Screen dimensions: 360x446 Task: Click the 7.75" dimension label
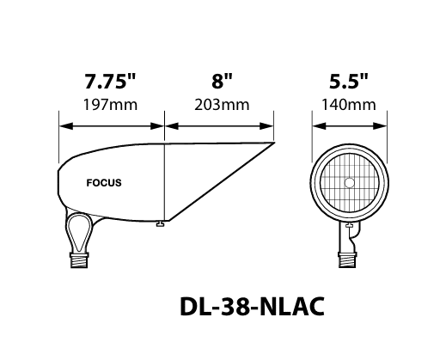click(x=111, y=83)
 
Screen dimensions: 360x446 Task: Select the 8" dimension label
click(x=222, y=83)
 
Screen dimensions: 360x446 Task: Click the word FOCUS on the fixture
click(x=104, y=183)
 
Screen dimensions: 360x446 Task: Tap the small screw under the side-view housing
click(x=159, y=226)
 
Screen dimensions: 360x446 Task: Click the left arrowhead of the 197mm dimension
click(x=63, y=125)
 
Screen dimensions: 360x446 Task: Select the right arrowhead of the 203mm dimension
click(x=272, y=125)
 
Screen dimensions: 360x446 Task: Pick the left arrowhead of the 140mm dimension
click(x=315, y=125)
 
